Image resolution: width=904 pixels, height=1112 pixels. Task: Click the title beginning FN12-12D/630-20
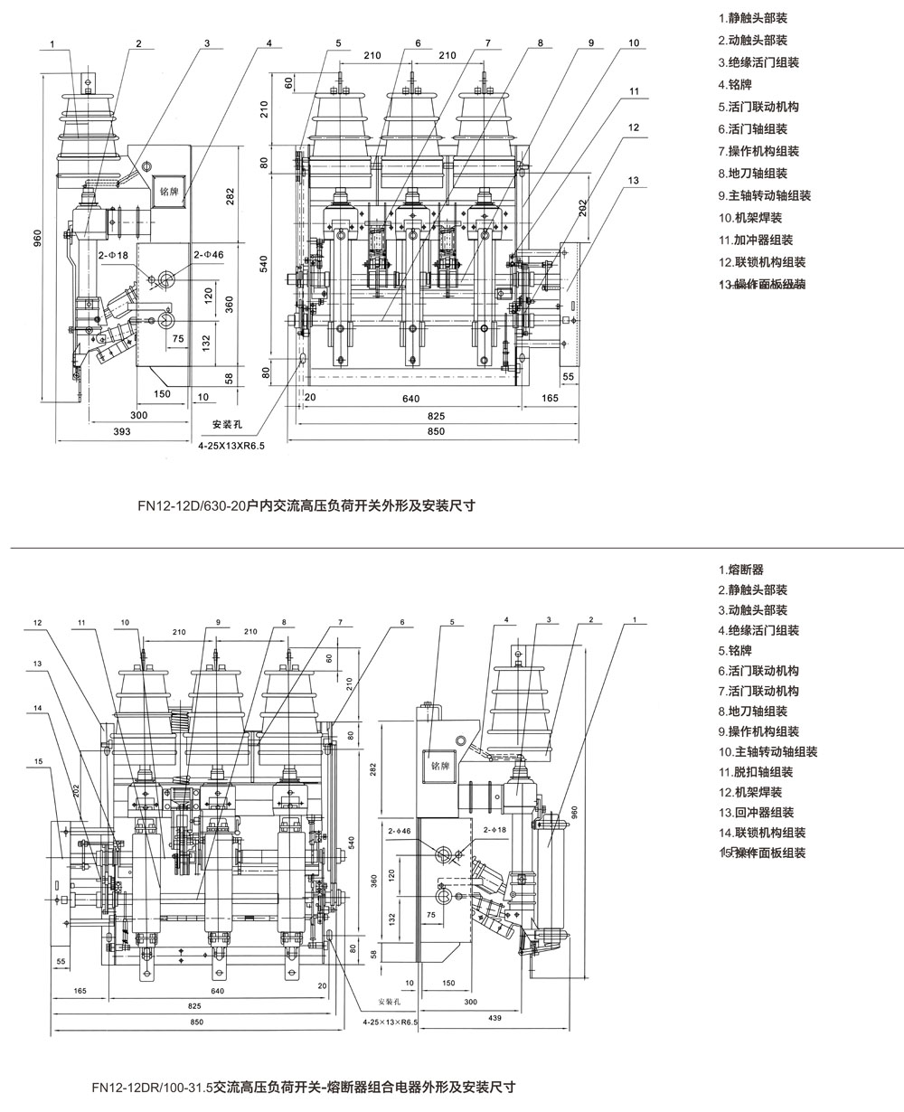[306, 506]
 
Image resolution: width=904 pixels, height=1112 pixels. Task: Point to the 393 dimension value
[121, 431]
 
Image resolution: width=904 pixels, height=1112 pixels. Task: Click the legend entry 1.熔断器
[741, 570]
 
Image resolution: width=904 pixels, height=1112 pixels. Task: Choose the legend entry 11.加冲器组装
[756, 240]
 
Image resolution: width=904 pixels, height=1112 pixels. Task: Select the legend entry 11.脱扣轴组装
[756, 771]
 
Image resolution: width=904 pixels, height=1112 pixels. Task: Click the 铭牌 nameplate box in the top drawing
[169, 192]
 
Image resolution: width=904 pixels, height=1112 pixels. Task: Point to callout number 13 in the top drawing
[633, 181]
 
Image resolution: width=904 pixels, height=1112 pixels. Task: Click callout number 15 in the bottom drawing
[39, 761]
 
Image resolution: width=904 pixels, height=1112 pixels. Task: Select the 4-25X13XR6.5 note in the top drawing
[233, 446]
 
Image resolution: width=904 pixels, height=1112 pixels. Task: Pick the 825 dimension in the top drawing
[436, 415]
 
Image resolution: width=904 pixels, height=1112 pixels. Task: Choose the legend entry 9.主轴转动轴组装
[765, 195]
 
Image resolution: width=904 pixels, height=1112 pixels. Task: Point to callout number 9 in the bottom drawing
[218, 622]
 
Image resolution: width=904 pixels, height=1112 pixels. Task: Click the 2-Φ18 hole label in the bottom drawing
[496, 829]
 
